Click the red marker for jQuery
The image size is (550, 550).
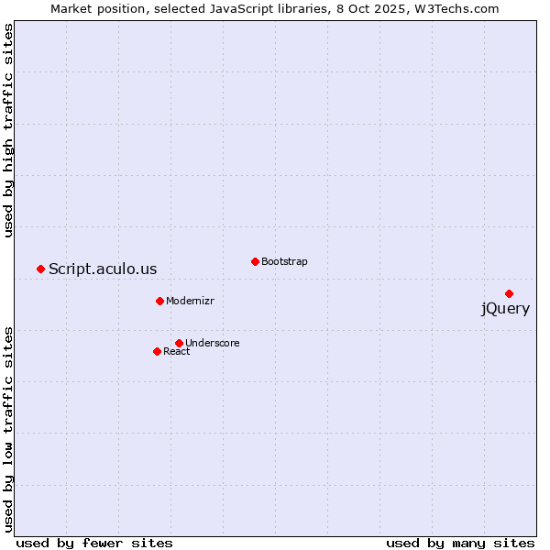509,293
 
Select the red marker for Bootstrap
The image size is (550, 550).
255,261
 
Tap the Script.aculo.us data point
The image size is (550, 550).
40,269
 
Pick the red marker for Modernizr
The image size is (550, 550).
159,301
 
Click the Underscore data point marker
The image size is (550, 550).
179,343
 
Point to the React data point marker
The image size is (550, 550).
157,351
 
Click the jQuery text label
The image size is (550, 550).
505,309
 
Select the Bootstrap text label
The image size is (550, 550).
284,261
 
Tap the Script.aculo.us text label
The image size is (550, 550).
103,269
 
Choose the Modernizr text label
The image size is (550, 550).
190,301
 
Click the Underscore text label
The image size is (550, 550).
213,343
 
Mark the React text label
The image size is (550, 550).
177,351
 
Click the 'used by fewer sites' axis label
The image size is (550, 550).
94,543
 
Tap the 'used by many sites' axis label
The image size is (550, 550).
460,543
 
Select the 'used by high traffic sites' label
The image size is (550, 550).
9,131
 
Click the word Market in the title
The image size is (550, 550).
71,9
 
